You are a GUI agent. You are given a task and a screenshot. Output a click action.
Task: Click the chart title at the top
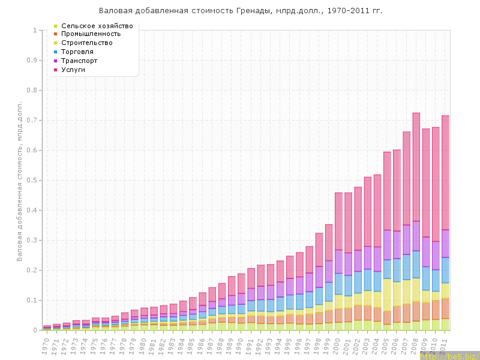[x=240, y=11]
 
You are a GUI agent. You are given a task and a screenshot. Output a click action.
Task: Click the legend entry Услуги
[x=73, y=70]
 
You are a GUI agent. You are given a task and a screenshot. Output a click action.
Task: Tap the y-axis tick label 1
[x=35, y=30]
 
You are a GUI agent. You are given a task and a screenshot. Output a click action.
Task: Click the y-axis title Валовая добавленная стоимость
[x=20, y=181]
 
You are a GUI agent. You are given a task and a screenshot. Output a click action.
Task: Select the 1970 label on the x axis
[x=46, y=344]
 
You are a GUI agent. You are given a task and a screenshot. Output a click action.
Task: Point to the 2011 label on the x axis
[x=445, y=344]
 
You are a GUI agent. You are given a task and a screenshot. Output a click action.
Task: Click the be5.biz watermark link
[x=449, y=356]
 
